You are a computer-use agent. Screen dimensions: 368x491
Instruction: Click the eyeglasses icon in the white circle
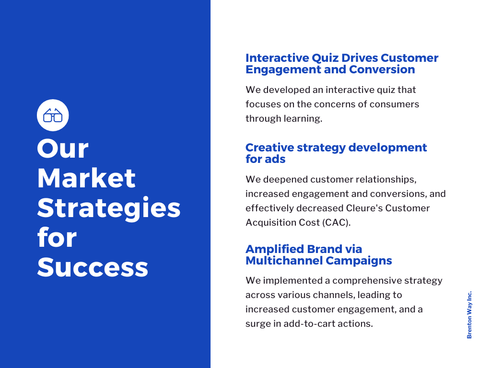(53, 115)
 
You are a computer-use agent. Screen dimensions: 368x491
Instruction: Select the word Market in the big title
(86, 178)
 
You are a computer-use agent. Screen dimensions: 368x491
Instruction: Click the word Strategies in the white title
(109, 208)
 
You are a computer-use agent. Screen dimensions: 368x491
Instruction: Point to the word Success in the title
(93, 267)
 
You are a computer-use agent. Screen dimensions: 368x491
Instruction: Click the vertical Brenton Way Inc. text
(469, 314)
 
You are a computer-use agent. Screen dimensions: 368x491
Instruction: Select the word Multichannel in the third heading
(284, 261)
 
